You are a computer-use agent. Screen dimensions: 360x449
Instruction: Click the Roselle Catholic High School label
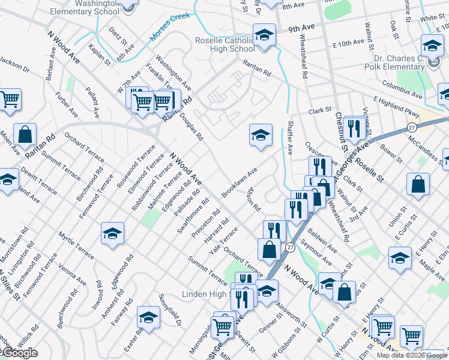(225, 44)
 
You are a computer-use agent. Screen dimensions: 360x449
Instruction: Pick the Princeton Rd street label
(202, 223)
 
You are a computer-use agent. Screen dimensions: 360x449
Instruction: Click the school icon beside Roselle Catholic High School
(264, 35)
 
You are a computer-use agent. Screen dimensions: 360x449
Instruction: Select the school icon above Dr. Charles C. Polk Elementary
(432, 46)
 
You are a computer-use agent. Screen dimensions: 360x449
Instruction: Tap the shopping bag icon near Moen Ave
(25, 135)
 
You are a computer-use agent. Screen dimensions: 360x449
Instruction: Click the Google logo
(20, 353)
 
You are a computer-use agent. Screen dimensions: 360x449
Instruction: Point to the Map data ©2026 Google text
(411, 355)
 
